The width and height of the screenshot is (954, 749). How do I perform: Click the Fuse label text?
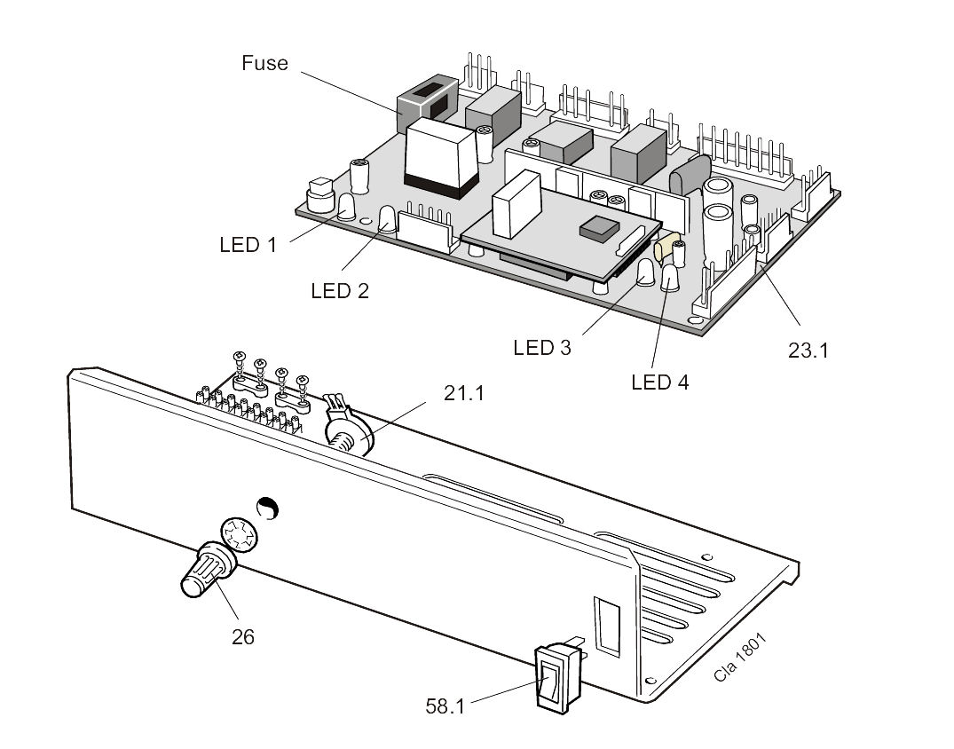(264, 63)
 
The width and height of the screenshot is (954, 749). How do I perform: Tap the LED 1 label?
(248, 245)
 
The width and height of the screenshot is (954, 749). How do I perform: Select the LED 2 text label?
(340, 291)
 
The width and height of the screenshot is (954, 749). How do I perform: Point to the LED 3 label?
(542, 347)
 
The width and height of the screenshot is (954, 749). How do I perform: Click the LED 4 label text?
(660, 382)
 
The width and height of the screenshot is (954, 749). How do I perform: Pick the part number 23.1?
(808, 351)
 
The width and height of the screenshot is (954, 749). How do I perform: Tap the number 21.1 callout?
(464, 394)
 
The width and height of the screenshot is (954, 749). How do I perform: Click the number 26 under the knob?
(243, 637)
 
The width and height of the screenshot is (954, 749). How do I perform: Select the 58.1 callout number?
(445, 706)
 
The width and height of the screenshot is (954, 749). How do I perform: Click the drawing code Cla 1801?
(740, 657)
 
